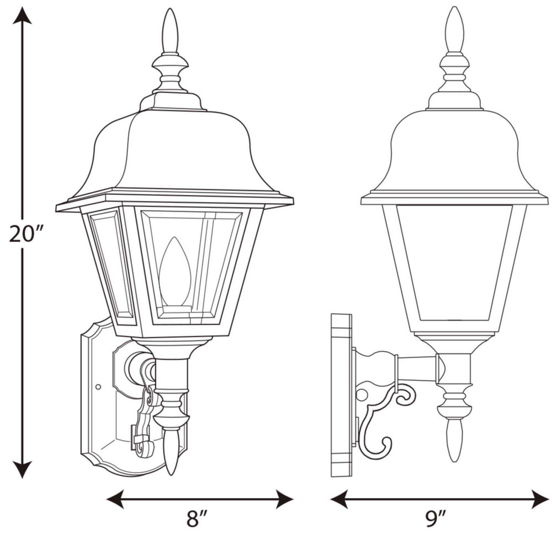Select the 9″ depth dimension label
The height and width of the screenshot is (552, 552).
click(x=436, y=519)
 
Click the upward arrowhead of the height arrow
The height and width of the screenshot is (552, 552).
click(x=22, y=17)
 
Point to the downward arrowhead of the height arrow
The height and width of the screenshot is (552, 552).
click(x=22, y=469)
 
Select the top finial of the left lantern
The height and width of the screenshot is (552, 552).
click(x=171, y=30)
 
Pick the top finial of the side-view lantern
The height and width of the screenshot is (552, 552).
click(x=454, y=28)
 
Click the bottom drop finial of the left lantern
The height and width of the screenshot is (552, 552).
click(x=172, y=453)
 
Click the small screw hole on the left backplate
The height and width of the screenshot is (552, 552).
click(x=98, y=386)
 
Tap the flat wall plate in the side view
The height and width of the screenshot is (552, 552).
click(x=341, y=395)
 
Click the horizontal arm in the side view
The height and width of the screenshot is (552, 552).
click(x=417, y=368)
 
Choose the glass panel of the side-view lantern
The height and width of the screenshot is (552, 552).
click(x=454, y=262)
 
